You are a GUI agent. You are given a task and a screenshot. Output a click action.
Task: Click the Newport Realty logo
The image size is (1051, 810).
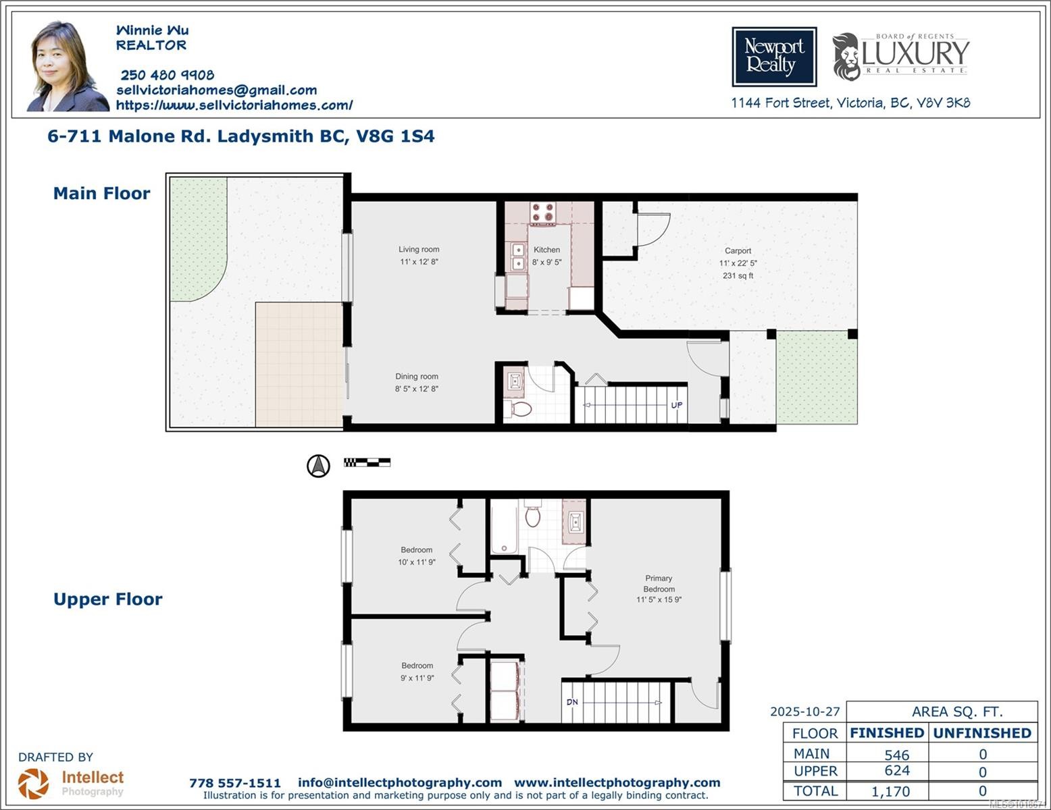point(774,57)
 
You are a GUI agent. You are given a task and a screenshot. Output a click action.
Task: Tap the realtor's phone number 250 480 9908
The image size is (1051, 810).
point(167,75)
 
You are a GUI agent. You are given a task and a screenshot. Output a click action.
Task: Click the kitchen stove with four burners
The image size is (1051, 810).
point(542,213)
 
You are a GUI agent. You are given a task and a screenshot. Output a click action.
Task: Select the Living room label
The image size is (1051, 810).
point(419,249)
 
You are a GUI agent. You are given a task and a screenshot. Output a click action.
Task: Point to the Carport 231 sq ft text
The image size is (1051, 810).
point(738,275)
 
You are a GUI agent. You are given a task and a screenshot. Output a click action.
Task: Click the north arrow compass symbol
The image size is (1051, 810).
point(319,466)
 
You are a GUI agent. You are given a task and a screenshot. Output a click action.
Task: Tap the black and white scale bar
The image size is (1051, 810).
point(367,462)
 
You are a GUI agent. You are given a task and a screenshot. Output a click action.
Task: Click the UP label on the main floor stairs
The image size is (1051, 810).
point(676,405)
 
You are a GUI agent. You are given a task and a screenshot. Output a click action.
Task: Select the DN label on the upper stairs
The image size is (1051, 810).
point(572,702)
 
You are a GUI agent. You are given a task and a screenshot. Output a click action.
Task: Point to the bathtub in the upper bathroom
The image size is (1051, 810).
point(504,527)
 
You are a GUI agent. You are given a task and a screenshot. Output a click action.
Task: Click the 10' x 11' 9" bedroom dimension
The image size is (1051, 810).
point(417,562)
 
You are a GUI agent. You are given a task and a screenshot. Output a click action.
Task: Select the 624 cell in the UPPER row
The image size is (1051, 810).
point(896,771)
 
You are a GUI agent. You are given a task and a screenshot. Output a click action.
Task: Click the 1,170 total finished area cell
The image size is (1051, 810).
point(890,791)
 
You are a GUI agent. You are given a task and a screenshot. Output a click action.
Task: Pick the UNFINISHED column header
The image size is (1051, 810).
point(982,733)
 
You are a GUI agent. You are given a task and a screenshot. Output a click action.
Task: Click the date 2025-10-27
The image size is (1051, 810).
point(805,711)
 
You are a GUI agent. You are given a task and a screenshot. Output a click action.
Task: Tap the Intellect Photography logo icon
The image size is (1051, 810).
point(33,784)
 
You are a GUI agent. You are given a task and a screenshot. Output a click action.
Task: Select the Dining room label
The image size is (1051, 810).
point(417,377)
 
